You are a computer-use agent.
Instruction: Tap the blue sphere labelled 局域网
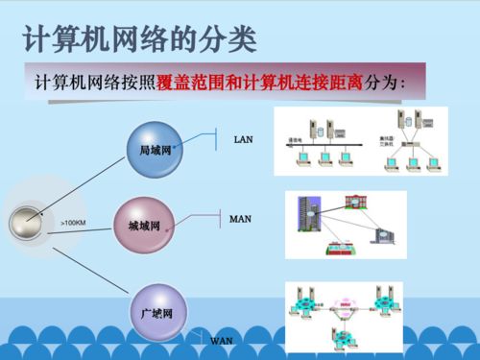point(156,150)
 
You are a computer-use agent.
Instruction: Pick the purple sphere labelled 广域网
point(156,313)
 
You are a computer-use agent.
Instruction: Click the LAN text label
point(243,140)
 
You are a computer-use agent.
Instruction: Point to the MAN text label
point(240,219)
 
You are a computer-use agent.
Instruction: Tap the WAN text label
point(222,341)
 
